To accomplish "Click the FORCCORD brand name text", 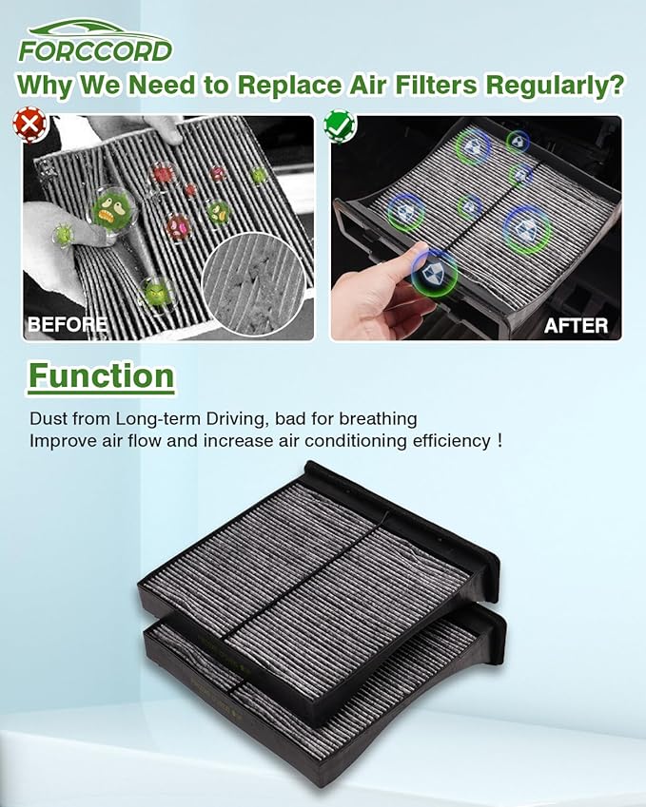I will (x=95, y=50).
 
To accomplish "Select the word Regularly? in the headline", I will (x=556, y=86).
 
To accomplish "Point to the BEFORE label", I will (x=67, y=324).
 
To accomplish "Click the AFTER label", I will (x=576, y=325).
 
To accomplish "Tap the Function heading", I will (x=101, y=376).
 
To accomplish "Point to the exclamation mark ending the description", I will (x=498, y=442).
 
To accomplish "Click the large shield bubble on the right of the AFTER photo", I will (x=526, y=229).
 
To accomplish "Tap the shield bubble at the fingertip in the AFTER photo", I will (x=435, y=273).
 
